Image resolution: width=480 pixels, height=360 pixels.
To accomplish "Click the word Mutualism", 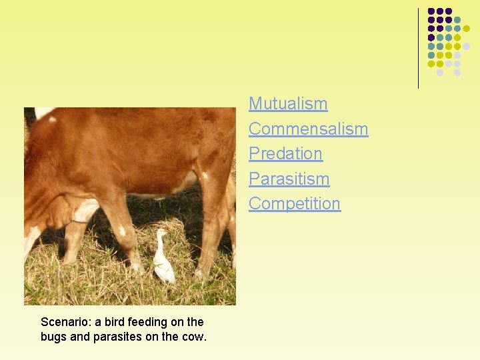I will [288, 104].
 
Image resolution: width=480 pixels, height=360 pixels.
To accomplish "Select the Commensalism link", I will [308, 129].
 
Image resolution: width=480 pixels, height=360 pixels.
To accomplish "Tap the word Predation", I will [285, 153].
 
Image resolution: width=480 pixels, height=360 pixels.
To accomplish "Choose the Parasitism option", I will [289, 179].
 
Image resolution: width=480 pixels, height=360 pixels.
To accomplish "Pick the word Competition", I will [294, 203].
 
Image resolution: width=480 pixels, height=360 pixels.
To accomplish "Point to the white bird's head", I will [160, 234].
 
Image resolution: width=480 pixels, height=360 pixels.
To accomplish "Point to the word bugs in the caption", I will [53, 337].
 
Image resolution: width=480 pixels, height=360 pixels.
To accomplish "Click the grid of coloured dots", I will [449, 41].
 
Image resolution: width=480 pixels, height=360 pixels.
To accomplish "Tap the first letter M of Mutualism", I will [255, 104].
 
